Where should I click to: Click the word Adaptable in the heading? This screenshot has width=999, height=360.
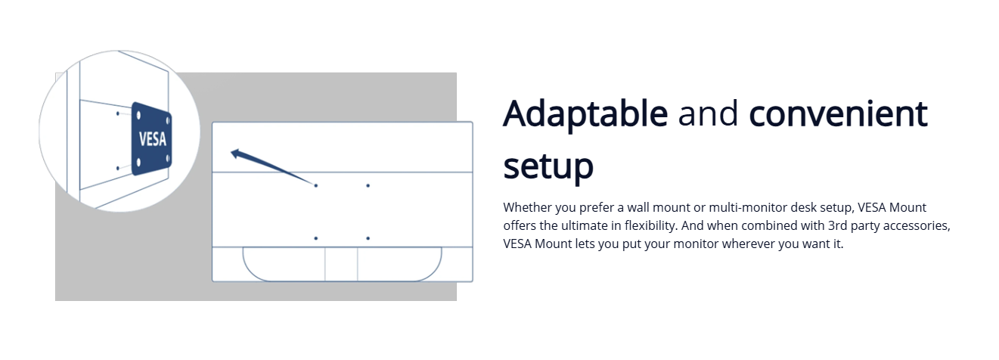tap(585, 115)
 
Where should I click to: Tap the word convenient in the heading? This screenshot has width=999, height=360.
tap(838, 113)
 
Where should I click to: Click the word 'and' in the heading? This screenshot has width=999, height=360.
tap(708, 113)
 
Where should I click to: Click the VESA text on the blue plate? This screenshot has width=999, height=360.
tap(153, 139)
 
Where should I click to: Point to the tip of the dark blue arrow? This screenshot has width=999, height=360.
tap(231, 153)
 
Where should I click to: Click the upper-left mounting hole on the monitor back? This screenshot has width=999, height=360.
tap(316, 185)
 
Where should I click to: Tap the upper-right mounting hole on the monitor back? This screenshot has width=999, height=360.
tap(368, 185)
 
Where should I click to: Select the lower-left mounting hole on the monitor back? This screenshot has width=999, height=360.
tap(316, 238)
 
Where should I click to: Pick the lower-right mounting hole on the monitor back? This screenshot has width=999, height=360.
tap(368, 238)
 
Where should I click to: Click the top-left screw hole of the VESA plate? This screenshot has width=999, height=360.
tap(138, 116)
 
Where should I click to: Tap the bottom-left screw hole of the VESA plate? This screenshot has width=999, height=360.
tap(138, 162)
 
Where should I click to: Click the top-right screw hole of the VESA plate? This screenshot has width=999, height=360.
tap(168, 120)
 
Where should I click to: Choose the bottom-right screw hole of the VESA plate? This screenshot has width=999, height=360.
tap(168, 158)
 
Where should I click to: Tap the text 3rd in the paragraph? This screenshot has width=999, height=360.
tap(838, 225)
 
